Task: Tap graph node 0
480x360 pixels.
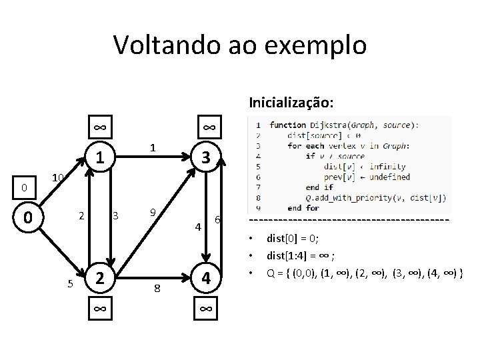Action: click(26, 217)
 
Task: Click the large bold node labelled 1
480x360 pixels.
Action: click(99, 158)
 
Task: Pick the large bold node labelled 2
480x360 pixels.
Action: click(99, 277)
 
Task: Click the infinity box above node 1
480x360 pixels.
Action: click(99, 127)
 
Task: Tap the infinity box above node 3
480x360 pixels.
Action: click(208, 127)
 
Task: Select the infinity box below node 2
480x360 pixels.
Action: click(99, 309)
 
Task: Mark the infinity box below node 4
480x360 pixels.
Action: click(207, 309)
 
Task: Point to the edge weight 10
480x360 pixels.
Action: click(58, 177)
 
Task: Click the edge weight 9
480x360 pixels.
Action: click(153, 213)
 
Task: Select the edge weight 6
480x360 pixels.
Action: click(217, 220)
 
